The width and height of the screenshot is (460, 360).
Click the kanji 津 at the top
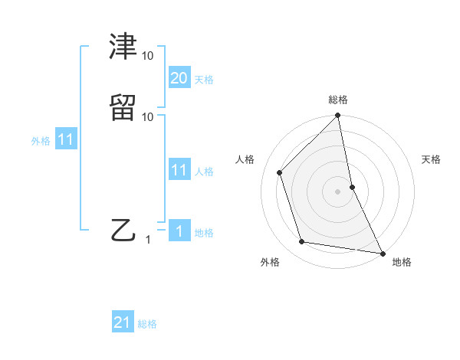point(124,47)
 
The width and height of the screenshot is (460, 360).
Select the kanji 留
point(124,107)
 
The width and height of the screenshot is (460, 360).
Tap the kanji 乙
point(124,229)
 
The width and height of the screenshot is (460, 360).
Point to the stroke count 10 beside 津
point(148,56)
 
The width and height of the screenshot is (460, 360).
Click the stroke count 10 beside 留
point(148,116)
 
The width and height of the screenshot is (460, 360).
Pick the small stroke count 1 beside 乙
point(149,240)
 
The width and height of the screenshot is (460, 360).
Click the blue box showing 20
point(179,77)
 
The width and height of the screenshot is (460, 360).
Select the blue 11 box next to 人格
point(179,170)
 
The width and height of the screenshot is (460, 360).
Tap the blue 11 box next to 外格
point(66,140)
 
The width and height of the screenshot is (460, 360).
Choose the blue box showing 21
point(123,322)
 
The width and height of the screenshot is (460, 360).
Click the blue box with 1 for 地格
point(179,231)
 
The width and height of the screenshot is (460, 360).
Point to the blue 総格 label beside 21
point(147,324)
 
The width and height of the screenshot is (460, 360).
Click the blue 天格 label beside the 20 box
point(204,80)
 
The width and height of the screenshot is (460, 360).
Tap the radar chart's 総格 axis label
point(338,100)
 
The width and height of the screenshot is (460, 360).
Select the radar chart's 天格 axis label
point(431,159)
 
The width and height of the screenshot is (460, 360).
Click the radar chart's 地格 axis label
point(402,263)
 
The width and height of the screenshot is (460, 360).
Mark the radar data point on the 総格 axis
point(338,116)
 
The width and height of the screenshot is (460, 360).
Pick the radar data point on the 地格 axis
point(382,253)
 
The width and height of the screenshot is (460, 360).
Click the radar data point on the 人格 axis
point(280,172)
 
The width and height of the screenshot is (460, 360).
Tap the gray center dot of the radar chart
point(338,191)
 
